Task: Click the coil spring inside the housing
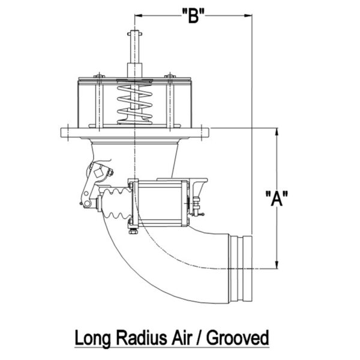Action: coord(134,102)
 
